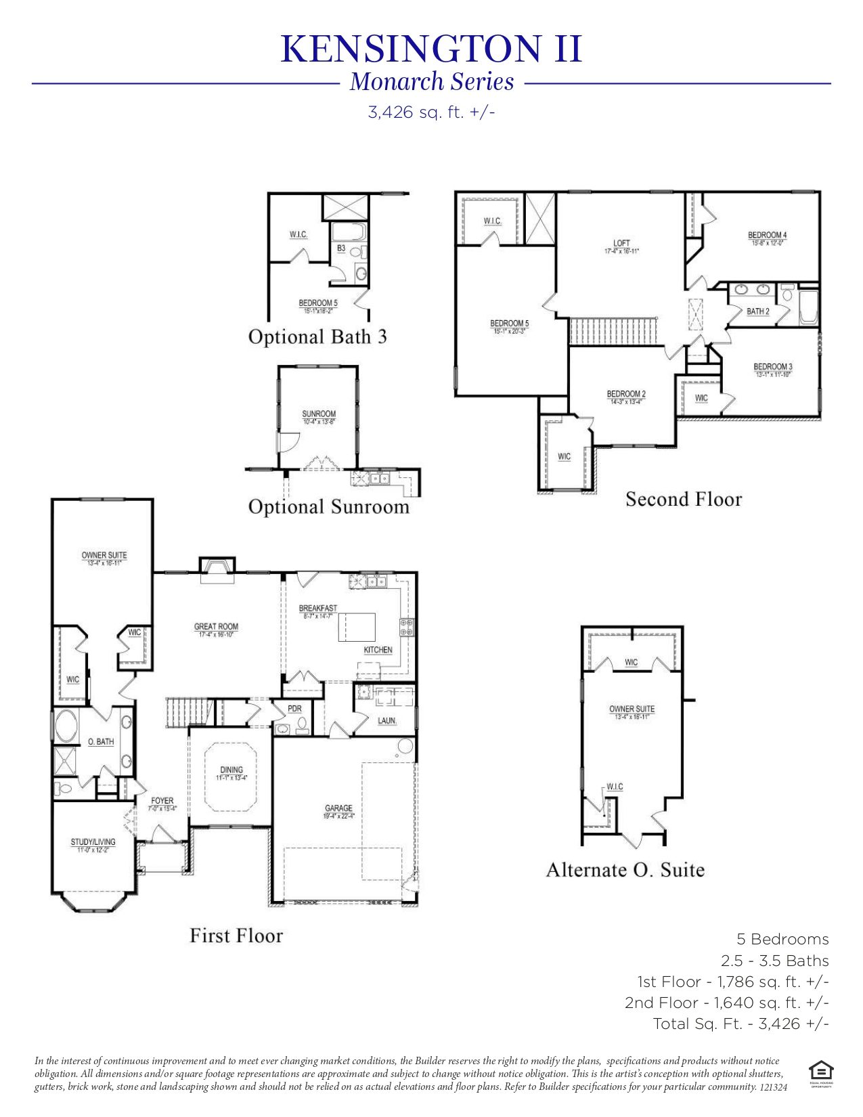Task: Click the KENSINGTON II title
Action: point(431,49)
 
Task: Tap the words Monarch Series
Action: point(432,82)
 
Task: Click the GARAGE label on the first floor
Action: point(338,808)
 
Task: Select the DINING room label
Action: point(231,770)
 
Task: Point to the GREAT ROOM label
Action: point(216,627)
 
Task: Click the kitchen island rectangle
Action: point(357,627)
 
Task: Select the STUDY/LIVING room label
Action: point(93,842)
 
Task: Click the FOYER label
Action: point(162,802)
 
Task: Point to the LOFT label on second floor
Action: point(621,243)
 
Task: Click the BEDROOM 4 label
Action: point(767,236)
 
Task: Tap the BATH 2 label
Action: point(758,312)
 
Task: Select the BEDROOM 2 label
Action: point(626,394)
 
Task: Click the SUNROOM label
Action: point(319,414)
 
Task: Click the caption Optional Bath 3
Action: point(317,337)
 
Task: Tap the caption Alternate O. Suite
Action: point(625,870)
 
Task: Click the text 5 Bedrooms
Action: point(782,940)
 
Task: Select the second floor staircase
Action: point(613,332)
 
